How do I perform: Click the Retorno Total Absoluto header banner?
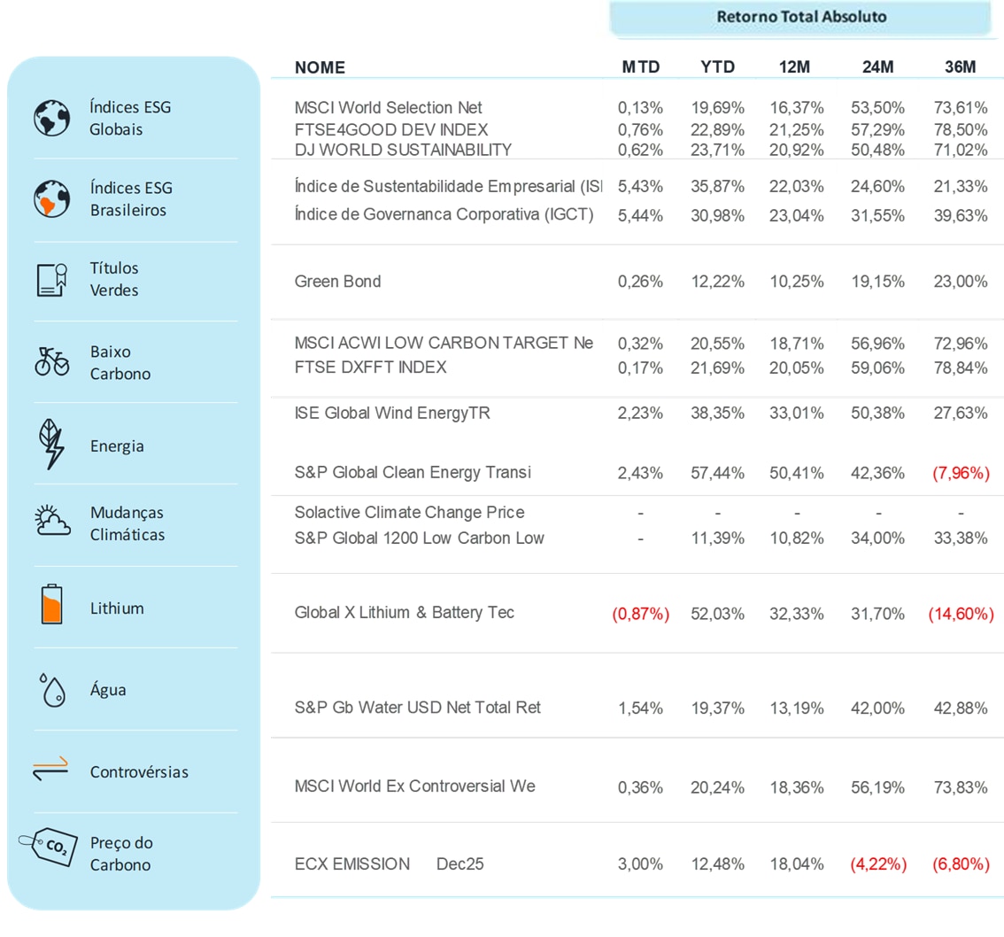(x=800, y=18)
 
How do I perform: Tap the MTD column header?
(x=640, y=67)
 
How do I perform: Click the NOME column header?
(x=320, y=67)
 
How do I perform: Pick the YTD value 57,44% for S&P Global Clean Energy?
(x=717, y=473)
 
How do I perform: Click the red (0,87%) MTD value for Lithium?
(x=640, y=613)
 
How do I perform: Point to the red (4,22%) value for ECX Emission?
(x=877, y=863)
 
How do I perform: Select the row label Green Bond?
(x=337, y=282)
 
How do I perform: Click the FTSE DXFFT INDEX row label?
(x=370, y=367)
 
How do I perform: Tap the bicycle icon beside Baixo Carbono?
(x=51, y=361)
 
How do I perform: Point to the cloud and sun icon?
(x=51, y=523)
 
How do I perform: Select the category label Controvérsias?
(x=139, y=772)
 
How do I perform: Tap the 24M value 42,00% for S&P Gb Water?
(x=877, y=708)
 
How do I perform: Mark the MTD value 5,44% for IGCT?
(x=640, y=214)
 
